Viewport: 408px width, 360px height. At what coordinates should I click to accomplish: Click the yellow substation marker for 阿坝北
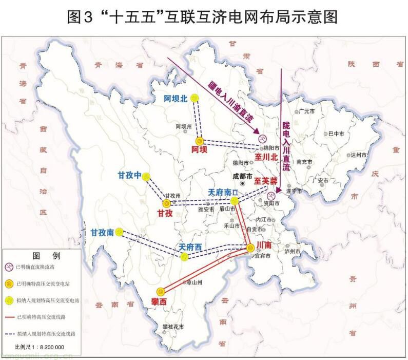pos(194,98)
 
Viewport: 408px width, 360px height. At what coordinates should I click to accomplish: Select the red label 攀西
pos(159,302)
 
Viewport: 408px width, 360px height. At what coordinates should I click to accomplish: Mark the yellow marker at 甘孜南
pos(120,232)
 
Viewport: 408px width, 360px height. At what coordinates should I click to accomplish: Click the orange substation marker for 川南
pos(250,248)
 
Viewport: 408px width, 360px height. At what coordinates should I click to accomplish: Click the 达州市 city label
pos(358,155)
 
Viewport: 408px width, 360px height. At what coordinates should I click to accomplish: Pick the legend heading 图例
pos(41,255)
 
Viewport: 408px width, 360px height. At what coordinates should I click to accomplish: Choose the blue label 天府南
pos(223,192)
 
